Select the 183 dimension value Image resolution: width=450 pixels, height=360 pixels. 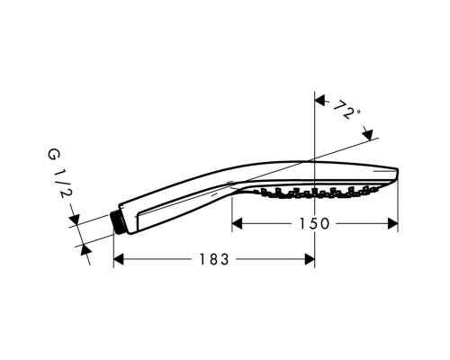(212, 259)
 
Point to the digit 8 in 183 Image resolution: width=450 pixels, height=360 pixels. (212, 259)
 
